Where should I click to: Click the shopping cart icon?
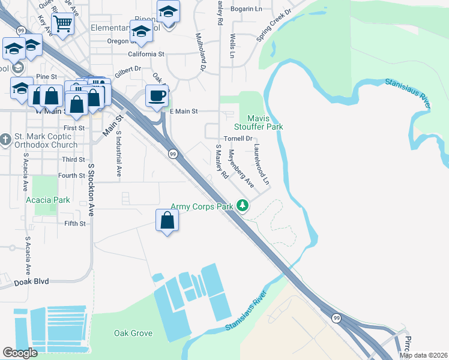(x=62, y=23)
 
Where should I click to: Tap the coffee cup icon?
(x=157, y=95)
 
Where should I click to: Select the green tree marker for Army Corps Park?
(x=243, y=206)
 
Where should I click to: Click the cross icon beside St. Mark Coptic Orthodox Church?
(x=5, y=140)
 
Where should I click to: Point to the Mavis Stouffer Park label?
(x=261, y=122)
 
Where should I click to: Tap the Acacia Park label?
(x=47, y=200)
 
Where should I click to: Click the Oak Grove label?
(x=133, y=333)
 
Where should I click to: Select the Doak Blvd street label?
(x=31, y=281)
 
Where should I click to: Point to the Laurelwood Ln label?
(x=262, y=163)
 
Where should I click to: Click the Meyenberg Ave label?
(x=241, y=168)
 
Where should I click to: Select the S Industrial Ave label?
(x=119, y=154)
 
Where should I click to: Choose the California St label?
(x=144, y=54)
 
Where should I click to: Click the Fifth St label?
(x=75, y=224)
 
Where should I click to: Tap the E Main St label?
(x=184, y=111)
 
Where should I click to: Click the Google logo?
(x=20, y=353)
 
